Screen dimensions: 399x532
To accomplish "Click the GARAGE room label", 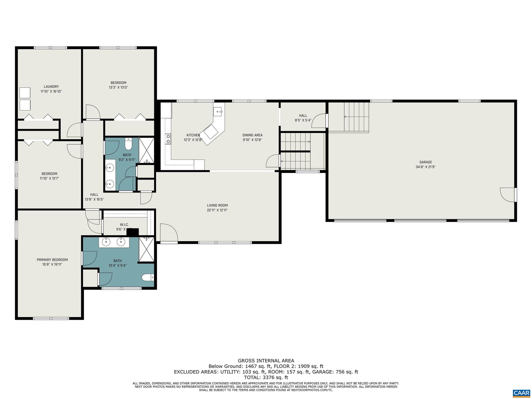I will tap(425, 162).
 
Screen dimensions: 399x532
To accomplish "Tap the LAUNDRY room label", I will tap(51, 87).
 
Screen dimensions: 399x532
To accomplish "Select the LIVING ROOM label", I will tap(217, 205).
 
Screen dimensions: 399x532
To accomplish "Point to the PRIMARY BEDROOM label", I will tap(52, 260).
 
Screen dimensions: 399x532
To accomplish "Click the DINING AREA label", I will tap(252, 135).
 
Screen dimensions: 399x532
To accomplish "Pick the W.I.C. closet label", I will tap(124, 224).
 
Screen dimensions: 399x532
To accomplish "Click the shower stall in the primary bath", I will tap(147, 249).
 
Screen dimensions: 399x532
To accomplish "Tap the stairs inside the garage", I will tap(356, 117).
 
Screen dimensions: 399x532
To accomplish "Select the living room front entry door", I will tap(169, 234).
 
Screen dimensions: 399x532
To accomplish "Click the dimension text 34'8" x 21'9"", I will tap(425, 167).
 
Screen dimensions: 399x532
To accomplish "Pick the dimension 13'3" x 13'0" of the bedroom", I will tap(118, 88).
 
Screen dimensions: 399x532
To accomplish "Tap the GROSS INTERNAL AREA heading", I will tap(266, 361).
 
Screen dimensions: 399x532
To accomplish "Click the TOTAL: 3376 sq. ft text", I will tap(266, 377).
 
